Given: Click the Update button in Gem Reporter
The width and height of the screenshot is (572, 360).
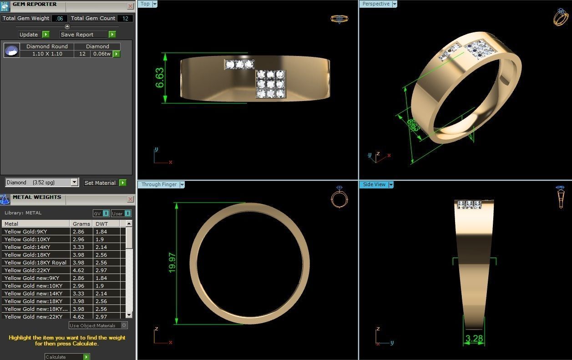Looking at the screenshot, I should click(x=29, y=35).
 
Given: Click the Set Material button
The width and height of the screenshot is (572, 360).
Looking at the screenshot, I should click(x=101, y=183).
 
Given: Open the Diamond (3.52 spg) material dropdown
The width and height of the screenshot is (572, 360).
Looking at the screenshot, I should click(x=75, y=183).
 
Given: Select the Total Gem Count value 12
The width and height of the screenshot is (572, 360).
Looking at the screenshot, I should click(x=125, y=19).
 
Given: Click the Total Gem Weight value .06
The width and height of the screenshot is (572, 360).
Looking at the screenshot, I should click(x=60, y=19).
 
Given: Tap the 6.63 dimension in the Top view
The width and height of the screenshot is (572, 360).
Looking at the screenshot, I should click(x=160, y=78).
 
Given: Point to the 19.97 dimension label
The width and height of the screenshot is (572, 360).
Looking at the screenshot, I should click(x=172, y=263).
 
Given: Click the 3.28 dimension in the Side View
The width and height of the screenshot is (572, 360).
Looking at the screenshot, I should click(x=474, y=339).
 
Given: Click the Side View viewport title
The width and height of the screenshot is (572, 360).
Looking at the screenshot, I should click(x=374, y=185).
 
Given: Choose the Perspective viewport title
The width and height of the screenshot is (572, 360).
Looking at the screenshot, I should click(x=376, y=4).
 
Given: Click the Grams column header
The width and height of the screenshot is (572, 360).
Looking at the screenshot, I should click(x=81, y=224).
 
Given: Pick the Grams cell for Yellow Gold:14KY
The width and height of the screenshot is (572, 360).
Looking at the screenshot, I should click(x=81, y=247).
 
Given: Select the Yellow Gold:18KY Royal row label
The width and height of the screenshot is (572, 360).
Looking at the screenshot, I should click(x=35, y=263).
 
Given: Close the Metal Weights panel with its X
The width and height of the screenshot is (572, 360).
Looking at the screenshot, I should click(x=131, y=199).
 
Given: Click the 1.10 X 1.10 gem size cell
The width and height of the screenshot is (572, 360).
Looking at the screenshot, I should click(x=47, y=54).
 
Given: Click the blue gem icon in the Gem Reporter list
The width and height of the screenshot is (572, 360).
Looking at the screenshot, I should click(x=12, y=50).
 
